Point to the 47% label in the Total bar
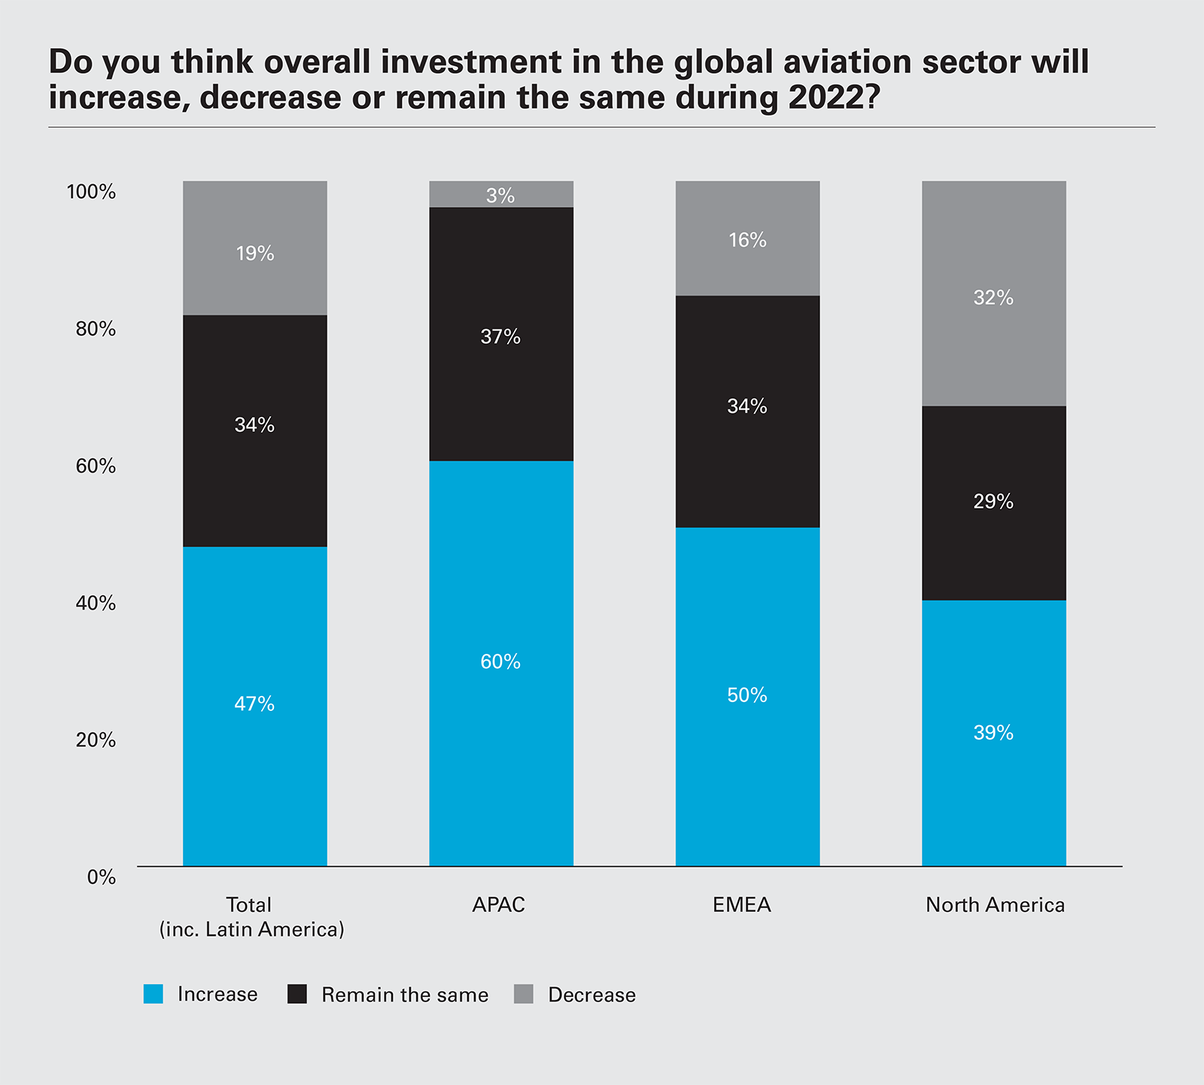[x=254, y=704]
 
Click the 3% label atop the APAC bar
[x=500, y=196]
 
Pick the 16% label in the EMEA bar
[x=747, y=240]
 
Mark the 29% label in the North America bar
[x=993, y=502]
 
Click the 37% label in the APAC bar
[x=500, y=337]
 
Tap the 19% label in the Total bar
[x=255, y=254]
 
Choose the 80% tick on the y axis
[x=96, y=329]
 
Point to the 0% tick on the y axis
[x=102, y=877]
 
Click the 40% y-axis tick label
[x=96, y=603]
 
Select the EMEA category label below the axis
[x=742, y=905]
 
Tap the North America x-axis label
[x=995, y=905]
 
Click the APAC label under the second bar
[x=498, y=905]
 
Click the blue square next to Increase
[x=154, y=994]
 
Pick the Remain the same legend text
[x=405, y=995]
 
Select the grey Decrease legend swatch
[x=524, y=994]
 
